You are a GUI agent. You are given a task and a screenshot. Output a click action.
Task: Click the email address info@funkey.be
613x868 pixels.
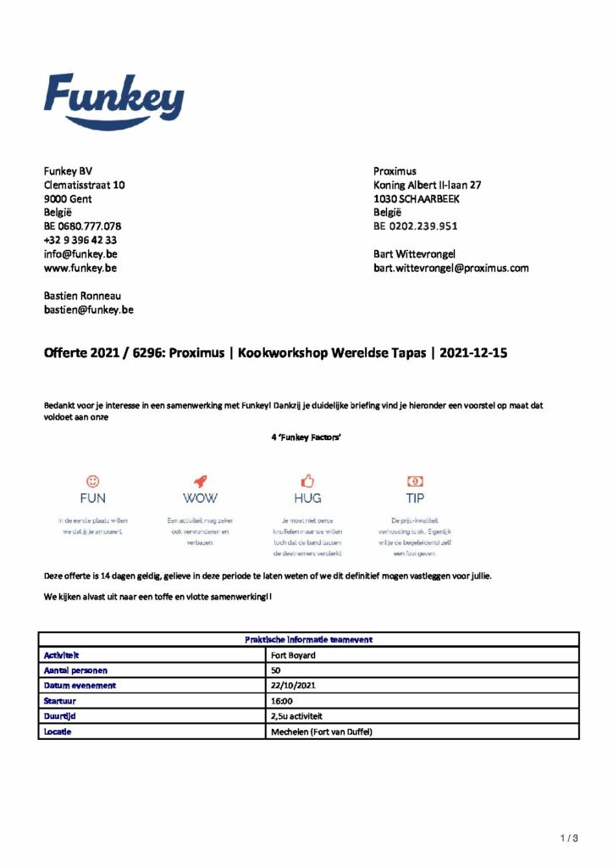click(80, 253)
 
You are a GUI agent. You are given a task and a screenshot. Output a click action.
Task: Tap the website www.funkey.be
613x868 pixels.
click(80, 268)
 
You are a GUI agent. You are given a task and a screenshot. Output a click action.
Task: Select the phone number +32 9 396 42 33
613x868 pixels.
click(80, 240)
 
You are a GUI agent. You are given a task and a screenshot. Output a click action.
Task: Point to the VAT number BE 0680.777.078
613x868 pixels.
click(82, 226)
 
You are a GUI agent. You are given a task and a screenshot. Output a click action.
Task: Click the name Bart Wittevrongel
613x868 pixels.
click(414, 253)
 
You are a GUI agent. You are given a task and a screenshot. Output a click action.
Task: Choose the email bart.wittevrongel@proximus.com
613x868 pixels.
click(450, 268)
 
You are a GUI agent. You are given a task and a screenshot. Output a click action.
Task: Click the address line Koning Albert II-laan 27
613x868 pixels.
click(428, 185)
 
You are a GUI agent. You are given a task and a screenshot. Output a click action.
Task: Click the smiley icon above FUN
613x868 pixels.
click(93, 480)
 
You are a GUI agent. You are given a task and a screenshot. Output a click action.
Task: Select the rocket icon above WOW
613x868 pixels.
click(200, 480)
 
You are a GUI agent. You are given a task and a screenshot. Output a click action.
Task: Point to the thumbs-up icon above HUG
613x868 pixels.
click(307, 480)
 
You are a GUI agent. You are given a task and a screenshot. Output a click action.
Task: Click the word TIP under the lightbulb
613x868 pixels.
click(415, 498)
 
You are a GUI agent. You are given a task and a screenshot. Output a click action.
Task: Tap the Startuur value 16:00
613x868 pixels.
click(282, 700)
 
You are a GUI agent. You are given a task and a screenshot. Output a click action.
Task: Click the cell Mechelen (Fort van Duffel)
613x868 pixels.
click(321, 731)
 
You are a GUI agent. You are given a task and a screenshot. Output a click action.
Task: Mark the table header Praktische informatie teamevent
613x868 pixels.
click(308, 640)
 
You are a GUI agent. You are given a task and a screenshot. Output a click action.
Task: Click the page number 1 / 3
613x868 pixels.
click(569, 839)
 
